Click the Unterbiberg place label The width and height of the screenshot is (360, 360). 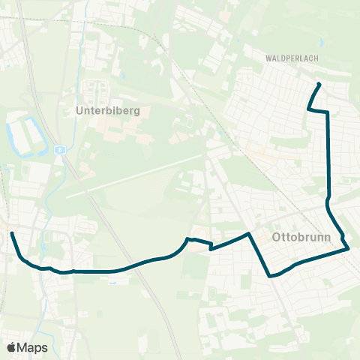click(108, 110)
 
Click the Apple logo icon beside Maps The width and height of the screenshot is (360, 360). click(11, 347)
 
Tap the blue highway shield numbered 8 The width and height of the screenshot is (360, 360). click(59, 149)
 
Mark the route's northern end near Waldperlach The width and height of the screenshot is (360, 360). click(319, 83)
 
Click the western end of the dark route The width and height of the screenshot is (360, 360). click(11, 233)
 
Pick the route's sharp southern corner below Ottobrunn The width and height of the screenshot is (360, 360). click(270, 276)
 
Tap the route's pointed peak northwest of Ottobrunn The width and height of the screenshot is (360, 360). click(248, 234)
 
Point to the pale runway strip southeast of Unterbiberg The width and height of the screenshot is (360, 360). click(135, 177)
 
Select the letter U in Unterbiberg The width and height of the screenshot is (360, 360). click(79, 110)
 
